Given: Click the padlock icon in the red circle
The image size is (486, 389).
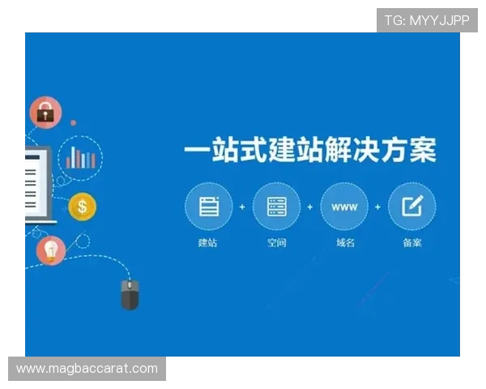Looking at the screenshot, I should pos(45,113).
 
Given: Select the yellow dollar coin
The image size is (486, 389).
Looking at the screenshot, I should pos(82,207).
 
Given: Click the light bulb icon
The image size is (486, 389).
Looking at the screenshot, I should pos(51,250).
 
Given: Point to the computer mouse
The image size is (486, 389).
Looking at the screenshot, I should pos(130,293).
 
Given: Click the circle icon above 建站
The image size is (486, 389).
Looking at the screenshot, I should pos(208,207).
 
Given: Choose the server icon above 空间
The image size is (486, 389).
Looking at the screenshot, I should pos(276,207).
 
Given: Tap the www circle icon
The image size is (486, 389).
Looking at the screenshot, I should pos(344,207).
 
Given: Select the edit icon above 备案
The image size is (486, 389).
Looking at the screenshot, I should pos(411,207).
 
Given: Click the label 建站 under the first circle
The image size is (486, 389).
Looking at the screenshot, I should pos(208,242).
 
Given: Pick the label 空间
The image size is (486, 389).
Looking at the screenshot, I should pos(276,242).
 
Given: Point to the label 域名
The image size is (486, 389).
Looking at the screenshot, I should pos(344,242).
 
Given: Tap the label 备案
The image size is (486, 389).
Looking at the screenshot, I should pos(411,242).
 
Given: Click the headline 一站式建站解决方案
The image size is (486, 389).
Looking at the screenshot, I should pos(310,151).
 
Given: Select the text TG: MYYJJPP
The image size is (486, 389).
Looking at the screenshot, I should pos(427,20).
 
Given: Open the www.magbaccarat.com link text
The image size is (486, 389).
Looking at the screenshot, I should pos(87,369).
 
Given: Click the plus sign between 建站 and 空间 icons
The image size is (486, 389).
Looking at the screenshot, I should pos(242,207).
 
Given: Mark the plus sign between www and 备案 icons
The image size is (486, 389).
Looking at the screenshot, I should pos(377,207).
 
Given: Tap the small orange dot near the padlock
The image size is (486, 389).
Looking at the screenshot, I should pos(73,123).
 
